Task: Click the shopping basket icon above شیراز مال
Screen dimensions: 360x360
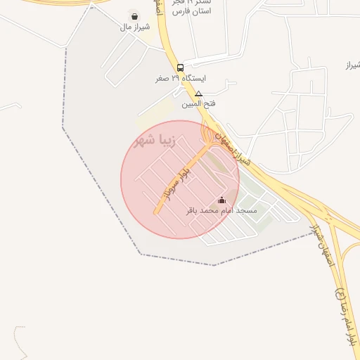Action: [x=134, y=16]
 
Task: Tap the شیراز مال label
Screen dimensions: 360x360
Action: [x=134, y=28]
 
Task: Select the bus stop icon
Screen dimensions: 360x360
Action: [x=181, y=68]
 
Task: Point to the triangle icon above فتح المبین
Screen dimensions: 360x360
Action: [x=199, y=94]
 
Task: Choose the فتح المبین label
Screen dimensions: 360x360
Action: [x=199, y=104]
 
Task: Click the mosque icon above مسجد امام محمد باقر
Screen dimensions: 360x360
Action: [x=222, y=200]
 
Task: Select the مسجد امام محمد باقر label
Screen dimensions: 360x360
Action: [x=221, y=210]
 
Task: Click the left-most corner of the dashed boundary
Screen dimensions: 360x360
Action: [x=63, y=127]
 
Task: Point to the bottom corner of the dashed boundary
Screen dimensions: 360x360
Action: [x=214, y=265]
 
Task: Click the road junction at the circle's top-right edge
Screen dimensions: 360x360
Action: [x=208, y=136]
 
